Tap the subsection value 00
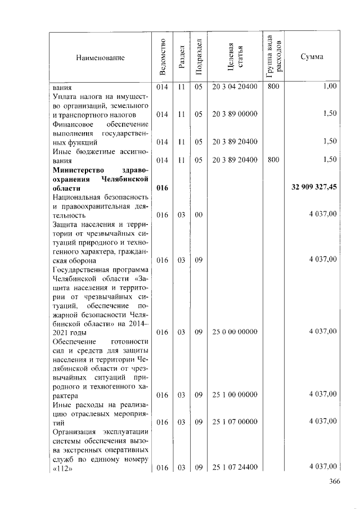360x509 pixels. click(x=198, y=214)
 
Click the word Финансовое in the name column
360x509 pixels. click(x=70, y=123)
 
